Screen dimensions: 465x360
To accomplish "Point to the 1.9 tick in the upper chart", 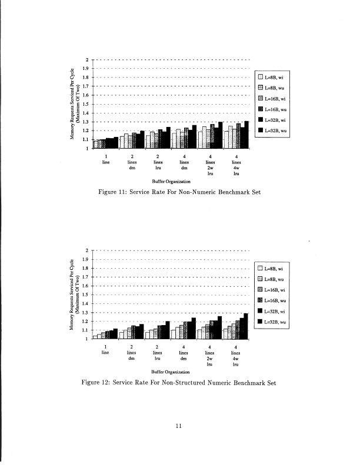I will (86, 69).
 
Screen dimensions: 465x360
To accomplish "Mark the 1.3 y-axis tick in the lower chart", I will (86, 313).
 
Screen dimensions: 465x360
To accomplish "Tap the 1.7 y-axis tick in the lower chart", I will (86, 277).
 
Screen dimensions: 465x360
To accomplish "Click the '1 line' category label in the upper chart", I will (106, 159).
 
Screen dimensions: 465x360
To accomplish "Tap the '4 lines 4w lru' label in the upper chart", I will (236, 165).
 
